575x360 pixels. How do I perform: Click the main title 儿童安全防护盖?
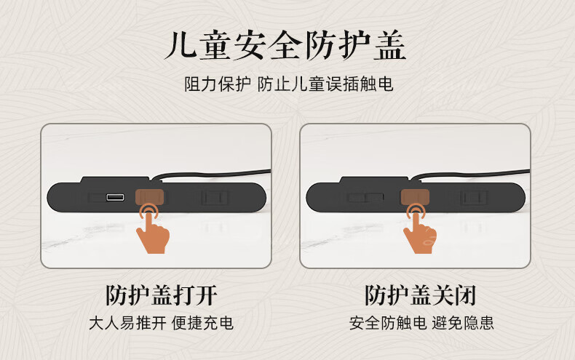285,46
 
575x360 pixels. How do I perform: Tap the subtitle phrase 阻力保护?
218,84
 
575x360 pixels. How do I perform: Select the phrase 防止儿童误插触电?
325,84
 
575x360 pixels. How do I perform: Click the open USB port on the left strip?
115,197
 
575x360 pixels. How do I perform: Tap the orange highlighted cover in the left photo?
149,197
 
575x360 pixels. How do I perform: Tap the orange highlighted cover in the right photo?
415,197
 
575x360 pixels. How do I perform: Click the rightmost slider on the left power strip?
215,198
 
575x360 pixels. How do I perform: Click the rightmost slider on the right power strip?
474,198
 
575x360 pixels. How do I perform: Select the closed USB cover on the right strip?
365,198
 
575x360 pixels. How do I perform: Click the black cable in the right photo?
470,174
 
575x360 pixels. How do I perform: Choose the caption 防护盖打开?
162,295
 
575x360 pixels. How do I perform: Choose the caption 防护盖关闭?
421,295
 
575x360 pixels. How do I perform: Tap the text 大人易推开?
127,323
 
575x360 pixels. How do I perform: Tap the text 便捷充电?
202,323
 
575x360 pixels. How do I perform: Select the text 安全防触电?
388,323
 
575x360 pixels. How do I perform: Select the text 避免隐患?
463,323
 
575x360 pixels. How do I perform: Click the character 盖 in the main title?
390,46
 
